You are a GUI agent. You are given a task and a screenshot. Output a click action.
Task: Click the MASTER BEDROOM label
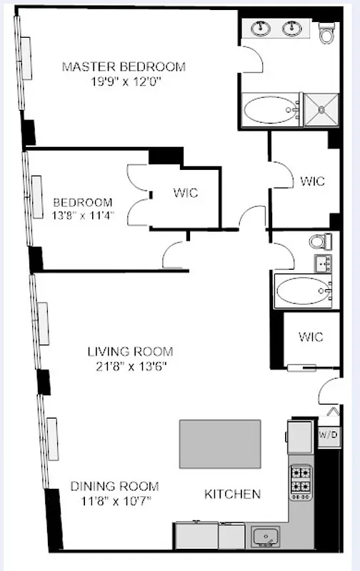124,66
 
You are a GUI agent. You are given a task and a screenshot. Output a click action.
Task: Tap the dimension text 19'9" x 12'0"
124,81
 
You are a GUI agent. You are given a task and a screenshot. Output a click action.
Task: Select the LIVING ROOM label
130,351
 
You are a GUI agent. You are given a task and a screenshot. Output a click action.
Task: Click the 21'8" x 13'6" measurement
130,367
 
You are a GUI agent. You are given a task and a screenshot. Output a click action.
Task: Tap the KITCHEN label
233,494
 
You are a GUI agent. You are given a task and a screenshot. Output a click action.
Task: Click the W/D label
328,435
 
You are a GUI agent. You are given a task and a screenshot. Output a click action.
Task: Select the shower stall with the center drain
321,110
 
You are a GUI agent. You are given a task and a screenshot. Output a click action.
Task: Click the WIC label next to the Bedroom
185,193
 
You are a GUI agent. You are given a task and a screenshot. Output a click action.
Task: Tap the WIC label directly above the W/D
311,337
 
